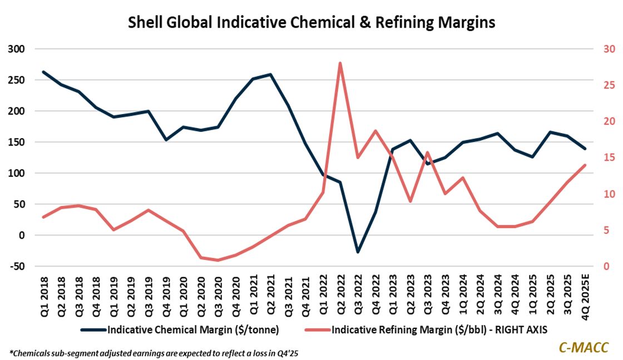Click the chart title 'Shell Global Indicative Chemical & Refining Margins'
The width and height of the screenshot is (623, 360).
pyautogui.click(x=311, y=23)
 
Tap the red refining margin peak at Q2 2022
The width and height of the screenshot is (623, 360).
pyautogui.click(x=340, y=63)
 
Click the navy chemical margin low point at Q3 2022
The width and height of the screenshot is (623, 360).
pyautogui.click(x=358, y=252)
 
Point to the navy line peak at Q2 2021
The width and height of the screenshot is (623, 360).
pyautogui.click(x=270, y=75)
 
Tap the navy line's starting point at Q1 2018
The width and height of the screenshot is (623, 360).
pyautogui.click(x=44, y=72)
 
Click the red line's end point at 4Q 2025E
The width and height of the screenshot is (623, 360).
pyautogui.click(x=585, y=165)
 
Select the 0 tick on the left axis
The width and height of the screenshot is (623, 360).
pyautogui.click(x=22, y=235)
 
